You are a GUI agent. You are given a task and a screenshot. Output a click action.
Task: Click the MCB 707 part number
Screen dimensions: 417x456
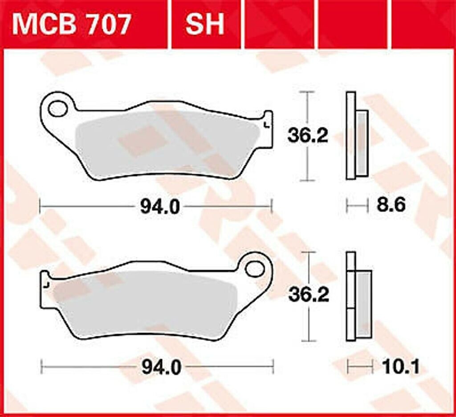coord(72,24)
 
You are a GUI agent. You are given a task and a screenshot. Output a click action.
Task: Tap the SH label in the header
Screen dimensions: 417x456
coord(204,24)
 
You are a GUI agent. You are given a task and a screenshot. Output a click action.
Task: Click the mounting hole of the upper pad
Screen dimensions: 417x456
coord(57,108)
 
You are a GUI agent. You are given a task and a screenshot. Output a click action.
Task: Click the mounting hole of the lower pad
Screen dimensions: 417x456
coord(254,268)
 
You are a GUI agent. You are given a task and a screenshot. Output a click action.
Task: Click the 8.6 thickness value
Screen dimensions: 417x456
coord(391,206)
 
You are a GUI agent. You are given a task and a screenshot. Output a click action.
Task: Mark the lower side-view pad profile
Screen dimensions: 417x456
coord(358,296)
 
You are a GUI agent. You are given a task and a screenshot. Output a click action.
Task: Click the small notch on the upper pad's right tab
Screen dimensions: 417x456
coord(267,125)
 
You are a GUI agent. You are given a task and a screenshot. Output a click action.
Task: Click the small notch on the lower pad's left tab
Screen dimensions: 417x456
coord(45,284)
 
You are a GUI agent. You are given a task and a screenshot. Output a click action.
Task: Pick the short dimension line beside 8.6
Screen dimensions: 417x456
coord(357,206)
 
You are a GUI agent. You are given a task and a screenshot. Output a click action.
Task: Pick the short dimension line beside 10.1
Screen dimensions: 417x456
coord(360,367)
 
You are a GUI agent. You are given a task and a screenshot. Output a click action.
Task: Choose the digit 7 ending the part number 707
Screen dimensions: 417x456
coord(121,24)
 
